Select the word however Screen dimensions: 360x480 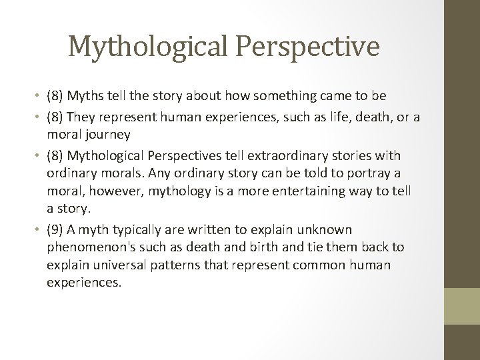(111, 191)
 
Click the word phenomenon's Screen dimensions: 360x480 (85, 247)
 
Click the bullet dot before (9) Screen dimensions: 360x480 (39, 231)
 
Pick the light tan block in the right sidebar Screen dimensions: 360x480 (462, 306)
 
